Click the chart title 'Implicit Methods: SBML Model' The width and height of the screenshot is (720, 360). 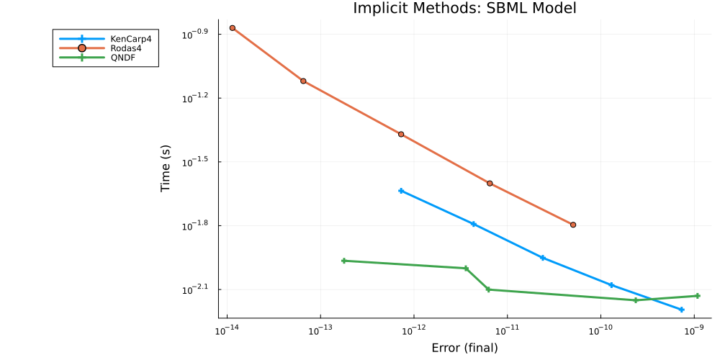[464, 8]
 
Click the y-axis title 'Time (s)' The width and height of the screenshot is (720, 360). [166, 168]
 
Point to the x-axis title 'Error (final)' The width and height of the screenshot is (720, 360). [464, 348]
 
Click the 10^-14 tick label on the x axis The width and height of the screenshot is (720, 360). [227, 329]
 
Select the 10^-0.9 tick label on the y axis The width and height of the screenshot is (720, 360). [195, 33]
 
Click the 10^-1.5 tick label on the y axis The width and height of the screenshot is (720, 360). [195, 161]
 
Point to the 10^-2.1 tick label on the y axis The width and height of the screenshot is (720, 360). [195, 289]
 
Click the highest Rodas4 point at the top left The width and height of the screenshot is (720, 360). [232, 28]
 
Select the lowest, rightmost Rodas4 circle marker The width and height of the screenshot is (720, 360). [573, 225]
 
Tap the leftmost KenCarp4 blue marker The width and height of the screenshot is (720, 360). [401, 191]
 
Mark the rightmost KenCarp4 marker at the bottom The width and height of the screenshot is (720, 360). [681, 310]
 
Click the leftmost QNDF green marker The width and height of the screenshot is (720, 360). [343, 261]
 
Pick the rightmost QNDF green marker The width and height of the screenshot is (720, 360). [698, 296]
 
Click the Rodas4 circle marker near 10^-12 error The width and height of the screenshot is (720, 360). [401, 135]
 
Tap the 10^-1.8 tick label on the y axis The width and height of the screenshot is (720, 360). [195, 225]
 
